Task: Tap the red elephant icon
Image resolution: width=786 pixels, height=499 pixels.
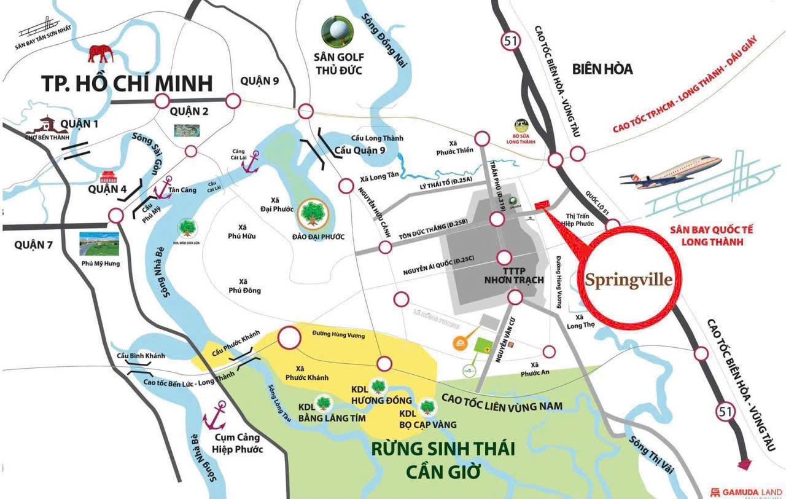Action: pos(101,53)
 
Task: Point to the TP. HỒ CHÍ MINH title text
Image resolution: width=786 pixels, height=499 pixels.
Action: pos(126,84)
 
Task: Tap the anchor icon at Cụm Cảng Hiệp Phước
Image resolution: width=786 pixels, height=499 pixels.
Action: pos(218,416)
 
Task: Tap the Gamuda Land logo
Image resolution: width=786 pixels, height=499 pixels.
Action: pos(744,491)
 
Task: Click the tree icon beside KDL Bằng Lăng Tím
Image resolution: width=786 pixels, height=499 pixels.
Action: pos(324,403)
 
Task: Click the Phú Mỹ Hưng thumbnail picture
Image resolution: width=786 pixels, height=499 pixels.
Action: pos(99,244)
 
